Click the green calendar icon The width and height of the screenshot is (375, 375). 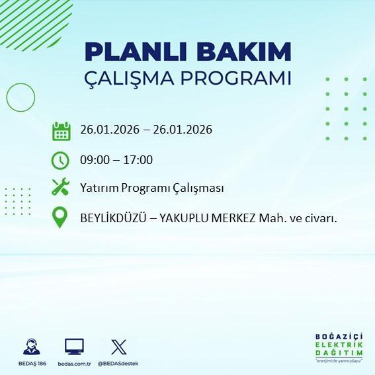pos(61,130)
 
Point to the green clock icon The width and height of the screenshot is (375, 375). pos(61,159)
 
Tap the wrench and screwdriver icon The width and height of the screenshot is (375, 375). pos(61,188)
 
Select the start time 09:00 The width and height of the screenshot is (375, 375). pos(95,159)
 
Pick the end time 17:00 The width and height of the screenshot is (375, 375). pos(139,159)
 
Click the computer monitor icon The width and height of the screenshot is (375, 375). pos(74,346)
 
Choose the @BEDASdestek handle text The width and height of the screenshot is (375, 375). pos(118,364)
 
